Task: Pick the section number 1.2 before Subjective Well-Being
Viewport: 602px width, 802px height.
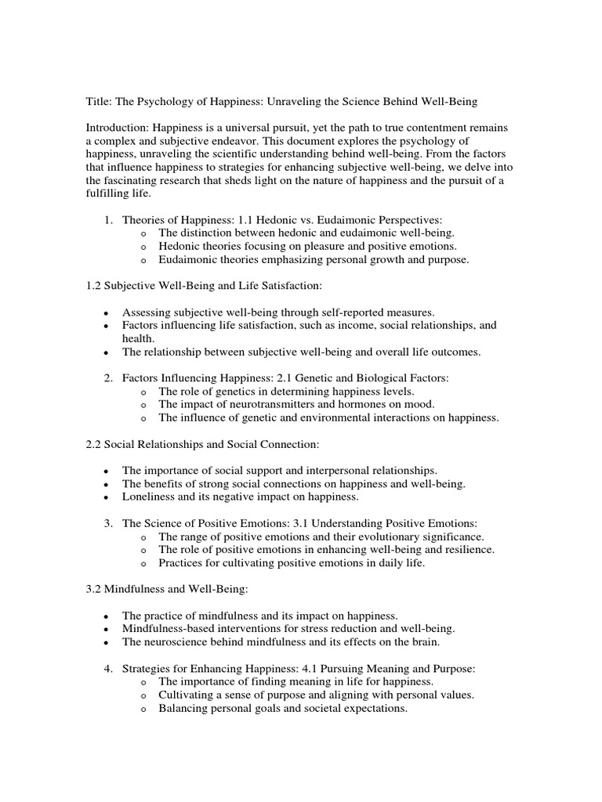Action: pos(94,287)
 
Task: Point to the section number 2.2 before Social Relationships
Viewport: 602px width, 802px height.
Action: pos(94,444)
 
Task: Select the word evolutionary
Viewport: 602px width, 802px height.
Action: pos(384,536)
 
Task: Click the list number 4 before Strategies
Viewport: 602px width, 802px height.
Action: pos(109,668)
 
